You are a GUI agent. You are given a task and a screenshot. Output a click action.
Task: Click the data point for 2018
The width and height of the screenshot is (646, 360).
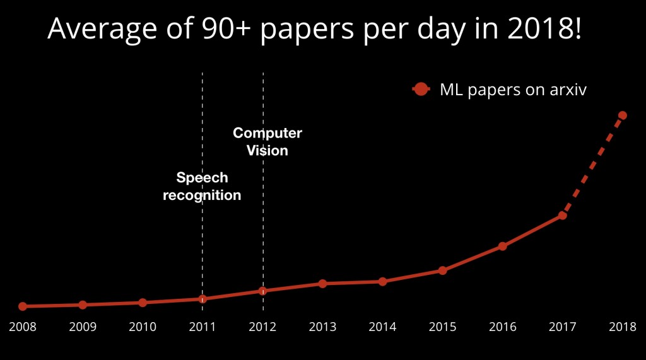(622, 115)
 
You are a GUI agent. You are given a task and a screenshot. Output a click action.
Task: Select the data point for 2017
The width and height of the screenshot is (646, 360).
(562, 216)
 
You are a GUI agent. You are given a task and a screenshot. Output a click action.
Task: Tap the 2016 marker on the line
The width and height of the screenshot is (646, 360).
(502, 246)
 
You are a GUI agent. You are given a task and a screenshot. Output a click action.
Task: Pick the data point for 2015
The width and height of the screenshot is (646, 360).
(442, 270)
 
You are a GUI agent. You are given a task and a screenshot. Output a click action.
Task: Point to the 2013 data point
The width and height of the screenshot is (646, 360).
(322, 284)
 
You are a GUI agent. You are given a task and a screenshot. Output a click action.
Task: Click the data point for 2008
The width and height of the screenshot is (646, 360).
(23, 306)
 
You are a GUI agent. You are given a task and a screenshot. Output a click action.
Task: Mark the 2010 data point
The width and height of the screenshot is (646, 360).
(143, 303)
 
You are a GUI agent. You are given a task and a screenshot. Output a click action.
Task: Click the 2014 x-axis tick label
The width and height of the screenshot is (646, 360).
(382, 327)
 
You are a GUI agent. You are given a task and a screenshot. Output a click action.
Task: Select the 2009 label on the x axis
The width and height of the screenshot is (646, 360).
(83, 327)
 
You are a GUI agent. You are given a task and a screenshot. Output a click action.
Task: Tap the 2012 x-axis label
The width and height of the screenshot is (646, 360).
(262, 327)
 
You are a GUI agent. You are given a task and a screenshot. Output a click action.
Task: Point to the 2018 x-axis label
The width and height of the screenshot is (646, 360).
(622, 327)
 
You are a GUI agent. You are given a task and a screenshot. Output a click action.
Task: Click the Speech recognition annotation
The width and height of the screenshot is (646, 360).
(202, 187)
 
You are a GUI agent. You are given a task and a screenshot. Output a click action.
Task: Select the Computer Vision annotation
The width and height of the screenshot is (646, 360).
(267, 142)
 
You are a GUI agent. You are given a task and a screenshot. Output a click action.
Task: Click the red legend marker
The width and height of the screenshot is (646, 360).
(421, 90)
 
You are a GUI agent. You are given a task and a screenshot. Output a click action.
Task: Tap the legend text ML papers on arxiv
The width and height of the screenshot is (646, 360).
(513, 90)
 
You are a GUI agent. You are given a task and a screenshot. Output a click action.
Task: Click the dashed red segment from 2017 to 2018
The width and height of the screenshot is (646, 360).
(592, 165)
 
